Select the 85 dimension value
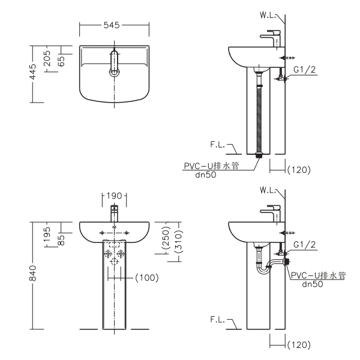coord(61,238)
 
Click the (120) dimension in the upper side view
coord(298,170)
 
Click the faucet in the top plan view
coord(114,64)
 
